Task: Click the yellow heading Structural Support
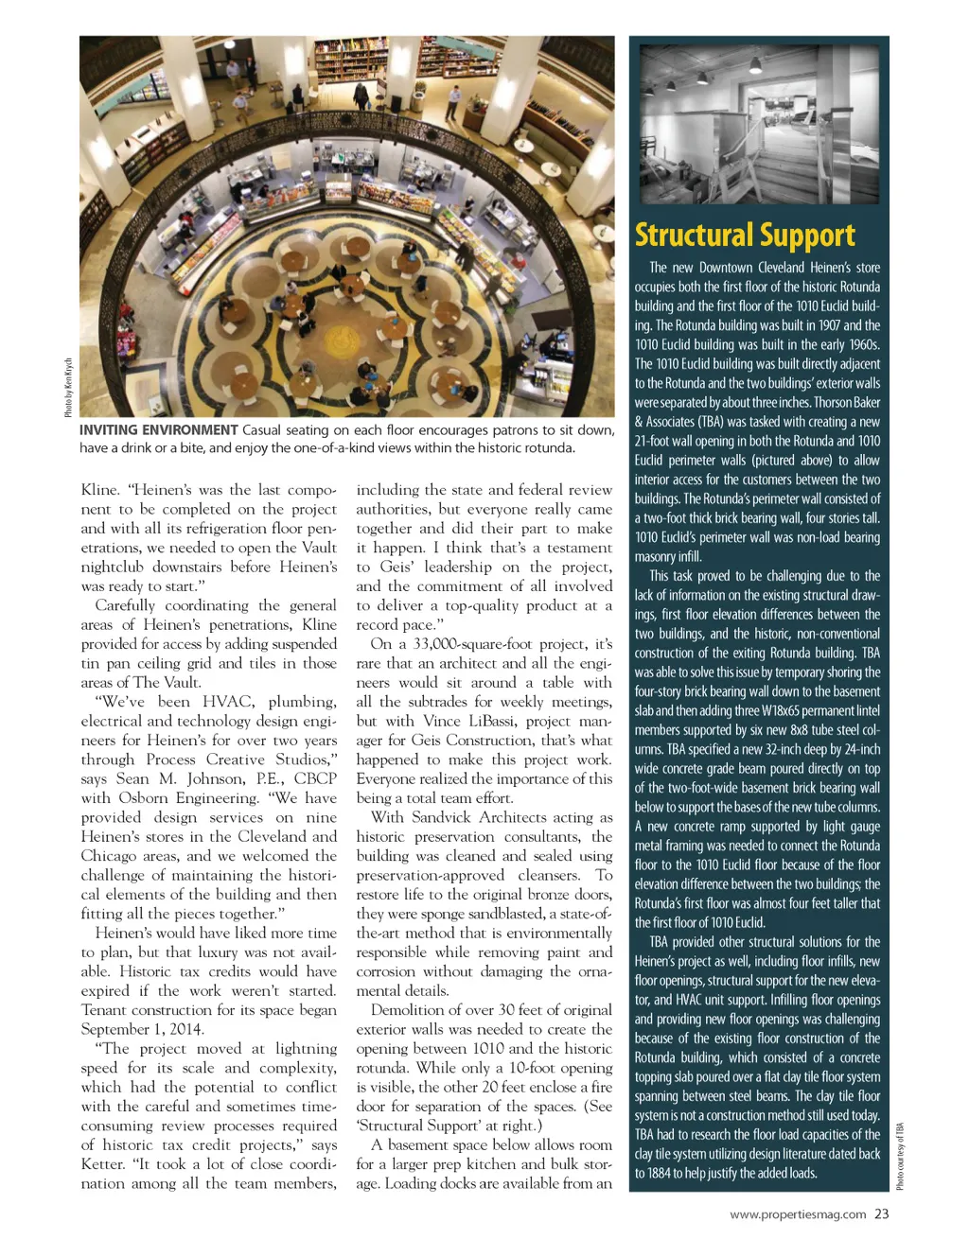tap(745, 235)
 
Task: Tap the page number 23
tap(882, 1214)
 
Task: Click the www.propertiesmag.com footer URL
tap(798, 1214)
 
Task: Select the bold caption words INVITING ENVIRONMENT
tap(158, 430)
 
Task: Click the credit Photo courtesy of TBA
tap(900, 1156)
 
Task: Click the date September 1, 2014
tap(143, 1029)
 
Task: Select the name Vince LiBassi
tap(468, 721)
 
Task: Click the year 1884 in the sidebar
tap(652, 1173)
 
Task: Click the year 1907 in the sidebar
tap(829, 325)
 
